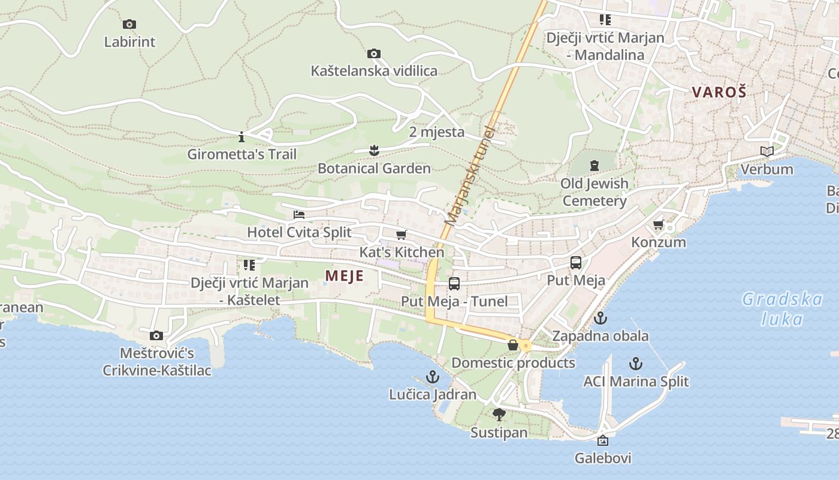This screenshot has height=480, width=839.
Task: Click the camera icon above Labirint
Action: point(129,25)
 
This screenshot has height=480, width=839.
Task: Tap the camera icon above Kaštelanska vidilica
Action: point(374,54)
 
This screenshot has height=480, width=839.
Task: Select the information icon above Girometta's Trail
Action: point(242,137)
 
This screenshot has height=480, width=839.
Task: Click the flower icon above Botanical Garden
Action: point(375,151)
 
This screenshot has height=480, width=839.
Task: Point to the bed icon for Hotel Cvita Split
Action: point(299,215)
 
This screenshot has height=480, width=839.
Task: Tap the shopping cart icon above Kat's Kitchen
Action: point(402,235)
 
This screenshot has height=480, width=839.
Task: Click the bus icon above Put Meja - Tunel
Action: point(454,284)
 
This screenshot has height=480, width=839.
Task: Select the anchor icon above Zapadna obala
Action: point(600,318)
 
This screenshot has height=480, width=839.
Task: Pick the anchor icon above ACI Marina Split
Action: point(636,364)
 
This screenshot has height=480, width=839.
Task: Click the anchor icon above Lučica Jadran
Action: point(432,377)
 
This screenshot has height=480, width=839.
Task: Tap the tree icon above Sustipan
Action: point(499,415)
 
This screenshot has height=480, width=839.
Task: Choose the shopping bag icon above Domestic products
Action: point(513,345)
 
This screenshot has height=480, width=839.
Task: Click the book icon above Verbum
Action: point(766,152)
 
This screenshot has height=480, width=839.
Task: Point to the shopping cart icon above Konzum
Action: point(659,225)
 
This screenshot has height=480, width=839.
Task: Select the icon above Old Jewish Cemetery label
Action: point(594,165)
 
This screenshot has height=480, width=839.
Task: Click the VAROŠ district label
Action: point(719,92)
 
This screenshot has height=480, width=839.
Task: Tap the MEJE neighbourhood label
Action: point(345,275)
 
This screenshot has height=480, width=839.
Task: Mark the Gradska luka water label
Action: point(782,308)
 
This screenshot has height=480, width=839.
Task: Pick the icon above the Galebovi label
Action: point(603,441)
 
